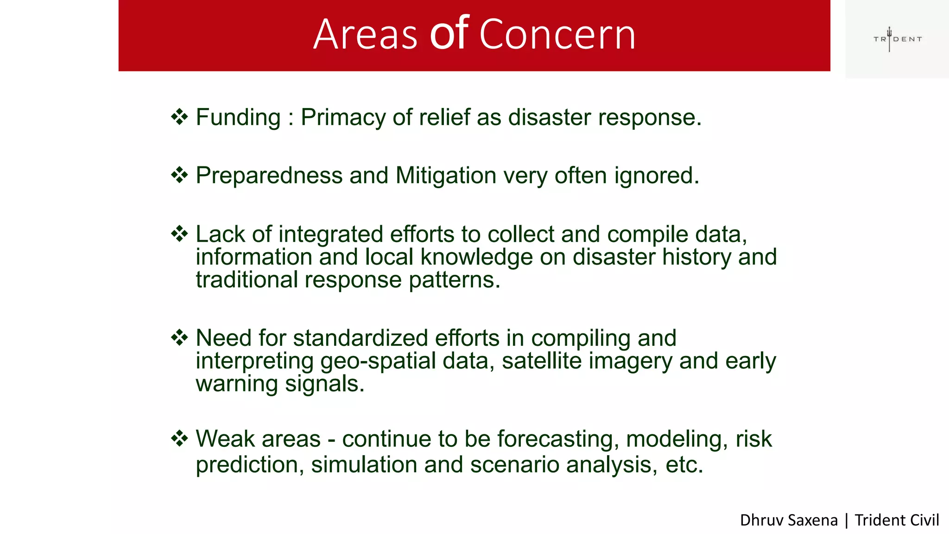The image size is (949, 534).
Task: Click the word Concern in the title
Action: (557, 35)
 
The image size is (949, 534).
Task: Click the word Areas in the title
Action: (365, 35)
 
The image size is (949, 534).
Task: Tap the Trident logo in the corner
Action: (897, 39)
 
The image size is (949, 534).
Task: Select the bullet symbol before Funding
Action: (179, 117)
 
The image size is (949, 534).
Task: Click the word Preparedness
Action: (269, 176)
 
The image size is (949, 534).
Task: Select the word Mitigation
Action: (446, 176)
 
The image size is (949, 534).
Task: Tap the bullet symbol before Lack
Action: (179, 234)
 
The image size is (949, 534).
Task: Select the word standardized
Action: (360, 338)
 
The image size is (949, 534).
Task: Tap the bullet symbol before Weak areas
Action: (179, 438)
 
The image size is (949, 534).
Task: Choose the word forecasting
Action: (558, 439)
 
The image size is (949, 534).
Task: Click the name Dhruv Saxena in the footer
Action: (788, 520)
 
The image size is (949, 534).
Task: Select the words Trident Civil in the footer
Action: (896, 520)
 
